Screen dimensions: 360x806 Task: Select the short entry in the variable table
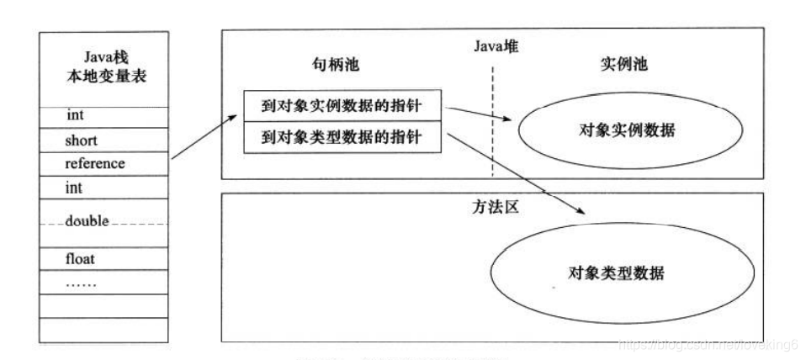82,140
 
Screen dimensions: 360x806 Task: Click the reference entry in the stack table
94,164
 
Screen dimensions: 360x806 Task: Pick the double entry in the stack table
87,222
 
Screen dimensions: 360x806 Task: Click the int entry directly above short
73,114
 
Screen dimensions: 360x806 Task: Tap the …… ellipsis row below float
81,283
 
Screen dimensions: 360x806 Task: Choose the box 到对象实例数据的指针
344,106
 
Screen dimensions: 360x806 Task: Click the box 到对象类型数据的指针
344,138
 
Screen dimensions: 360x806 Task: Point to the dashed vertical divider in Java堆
493,118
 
